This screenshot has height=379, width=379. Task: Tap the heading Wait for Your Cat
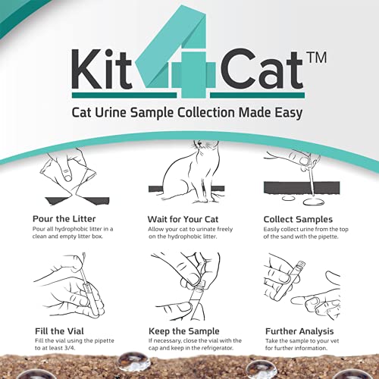click(x=186, y=219)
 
